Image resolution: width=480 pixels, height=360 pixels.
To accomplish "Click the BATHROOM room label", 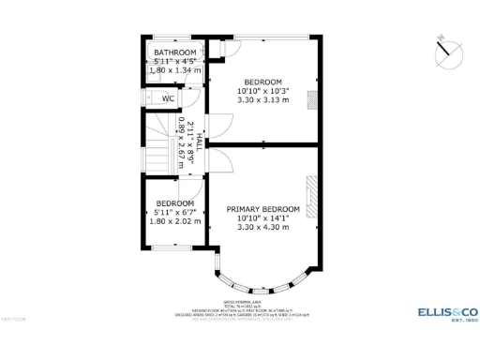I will (x=175, y=52).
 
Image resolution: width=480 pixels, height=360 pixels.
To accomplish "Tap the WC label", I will (x=169, y=98).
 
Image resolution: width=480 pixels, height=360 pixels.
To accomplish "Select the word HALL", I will (x=200, y=142).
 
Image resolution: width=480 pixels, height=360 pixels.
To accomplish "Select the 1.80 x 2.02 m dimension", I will (x=174, y=221).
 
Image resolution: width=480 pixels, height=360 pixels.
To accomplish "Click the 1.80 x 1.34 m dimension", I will (x=175, y=70).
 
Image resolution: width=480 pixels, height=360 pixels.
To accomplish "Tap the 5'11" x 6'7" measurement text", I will (x=174, y=213).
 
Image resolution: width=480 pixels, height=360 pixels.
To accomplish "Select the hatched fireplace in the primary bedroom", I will (x=315, y=196).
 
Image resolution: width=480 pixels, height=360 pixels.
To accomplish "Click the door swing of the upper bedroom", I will (x=221, y=127).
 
